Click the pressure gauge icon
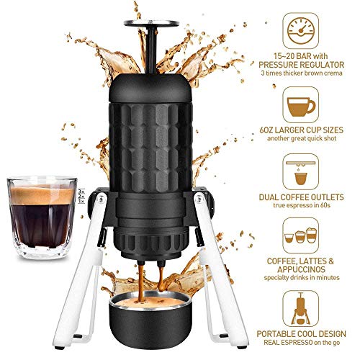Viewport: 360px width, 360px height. [301, 31]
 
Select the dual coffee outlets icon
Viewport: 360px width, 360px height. [301, 171]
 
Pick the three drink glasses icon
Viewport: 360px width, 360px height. [301, 235]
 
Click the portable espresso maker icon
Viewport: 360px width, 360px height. [301, 309]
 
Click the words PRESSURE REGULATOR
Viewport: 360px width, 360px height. [302, 65]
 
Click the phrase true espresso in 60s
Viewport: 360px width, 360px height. [302, 205]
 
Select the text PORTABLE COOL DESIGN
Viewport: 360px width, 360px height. [302, 334]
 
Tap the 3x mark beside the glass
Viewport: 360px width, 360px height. [81, 192]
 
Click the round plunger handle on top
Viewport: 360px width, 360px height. [151, 23]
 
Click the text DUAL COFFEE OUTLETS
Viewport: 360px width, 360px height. [302, 197]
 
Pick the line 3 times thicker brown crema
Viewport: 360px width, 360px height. [302, 73]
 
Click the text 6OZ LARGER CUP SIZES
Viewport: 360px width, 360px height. [302, 130]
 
